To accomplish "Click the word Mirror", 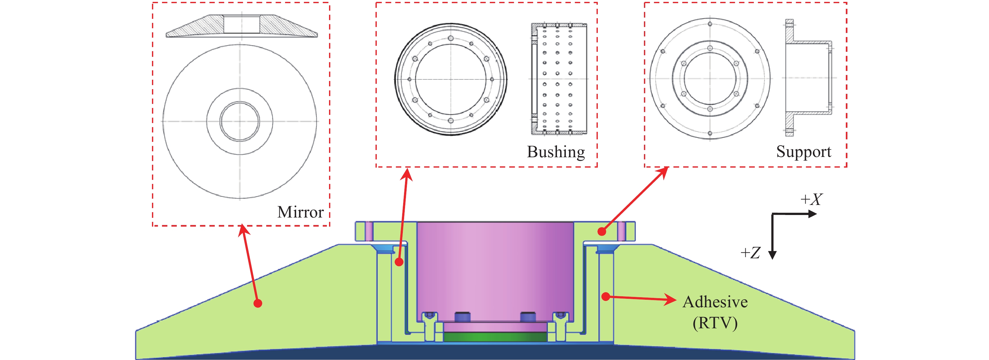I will click(x=300, y=212).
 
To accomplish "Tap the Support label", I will click(x=803, y=152).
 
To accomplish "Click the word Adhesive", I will click(x=715, y=302).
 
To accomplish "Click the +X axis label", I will click(x=811, y=200).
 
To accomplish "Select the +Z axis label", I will click(x=750, y=253).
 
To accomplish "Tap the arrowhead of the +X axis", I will click(x=813, y=214).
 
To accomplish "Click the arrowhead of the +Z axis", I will click(x=772, y=255).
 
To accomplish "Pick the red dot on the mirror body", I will click(x=258, y=303).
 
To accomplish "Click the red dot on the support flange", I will click(x=602, y=231).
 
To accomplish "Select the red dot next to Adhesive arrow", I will click(x=605, y=296).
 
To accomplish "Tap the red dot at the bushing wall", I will click(x=399, y=262).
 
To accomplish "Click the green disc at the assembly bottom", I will click(x=495, y=337).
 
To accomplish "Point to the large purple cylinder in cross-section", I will click(x=495, y=269).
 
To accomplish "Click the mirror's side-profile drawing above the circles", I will click(x=241, y=26).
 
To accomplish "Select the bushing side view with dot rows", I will click(x=559, y=79).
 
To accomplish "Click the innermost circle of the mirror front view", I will click(x=240, y=121).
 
